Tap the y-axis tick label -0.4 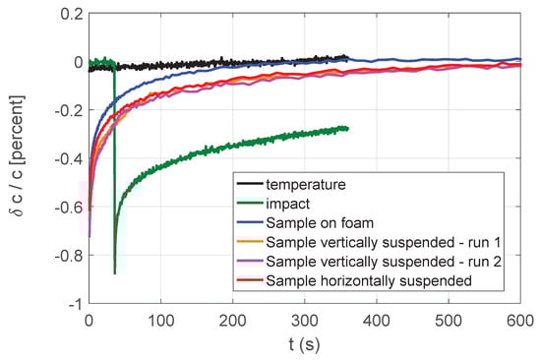click(x=64, y=159)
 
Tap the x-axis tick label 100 click(x=160, y=320)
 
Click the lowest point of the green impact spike click(x=115, y=273)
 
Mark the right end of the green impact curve click(x=347, y=128)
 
